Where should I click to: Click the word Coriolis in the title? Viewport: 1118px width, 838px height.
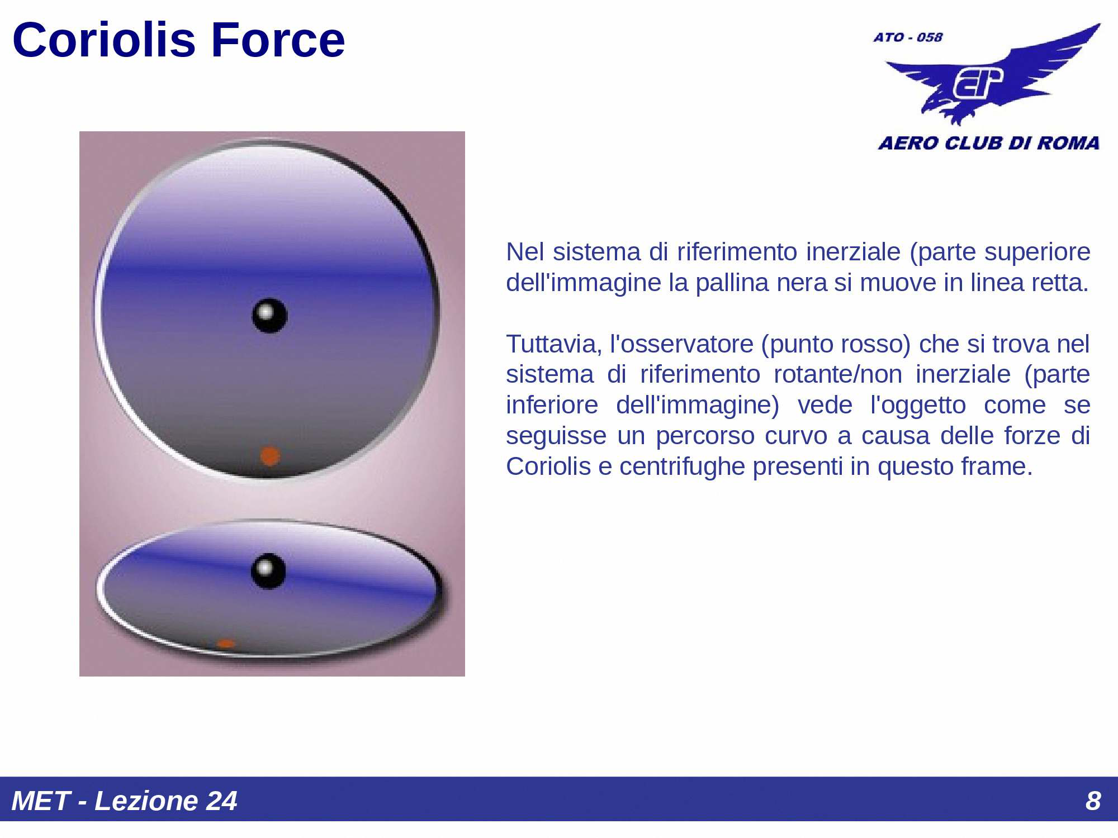104,40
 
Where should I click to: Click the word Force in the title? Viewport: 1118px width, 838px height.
278,40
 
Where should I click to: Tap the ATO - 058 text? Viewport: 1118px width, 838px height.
908,37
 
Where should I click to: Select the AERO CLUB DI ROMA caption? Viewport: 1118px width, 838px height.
988,143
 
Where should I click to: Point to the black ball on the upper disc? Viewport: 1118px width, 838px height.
269,316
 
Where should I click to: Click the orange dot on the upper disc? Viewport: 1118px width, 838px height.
270,456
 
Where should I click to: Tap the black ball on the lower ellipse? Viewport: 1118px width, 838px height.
268,570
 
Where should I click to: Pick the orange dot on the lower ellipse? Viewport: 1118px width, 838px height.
225,644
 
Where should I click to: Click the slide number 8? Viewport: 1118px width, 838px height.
1093,801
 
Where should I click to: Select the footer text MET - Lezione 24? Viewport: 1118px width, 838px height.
124,801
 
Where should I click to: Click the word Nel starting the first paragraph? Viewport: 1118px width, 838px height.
525,252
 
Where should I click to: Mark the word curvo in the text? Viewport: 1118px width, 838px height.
796,436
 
